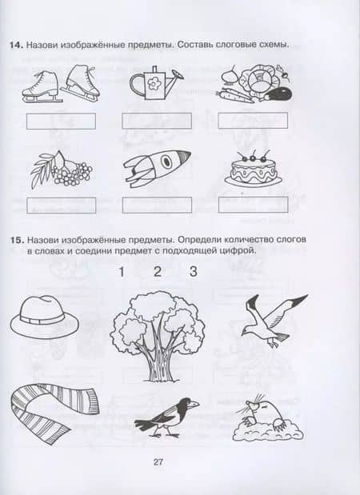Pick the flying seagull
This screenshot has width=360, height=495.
pos(273,319)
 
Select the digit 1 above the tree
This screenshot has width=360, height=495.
pos(122,272)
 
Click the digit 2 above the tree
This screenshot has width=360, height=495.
pos(158,272)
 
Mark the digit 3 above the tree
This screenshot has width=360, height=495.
pos(194,272)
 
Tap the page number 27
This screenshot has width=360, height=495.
pos(158,462)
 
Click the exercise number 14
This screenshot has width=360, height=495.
pos(16,45)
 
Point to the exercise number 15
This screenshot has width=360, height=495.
pos(17,240)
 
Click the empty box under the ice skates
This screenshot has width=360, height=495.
pos(61,122)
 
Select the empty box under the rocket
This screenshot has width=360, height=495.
pos(157,206)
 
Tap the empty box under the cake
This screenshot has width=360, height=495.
pos(254,205)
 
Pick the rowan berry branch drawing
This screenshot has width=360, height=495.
pos(62,170)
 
